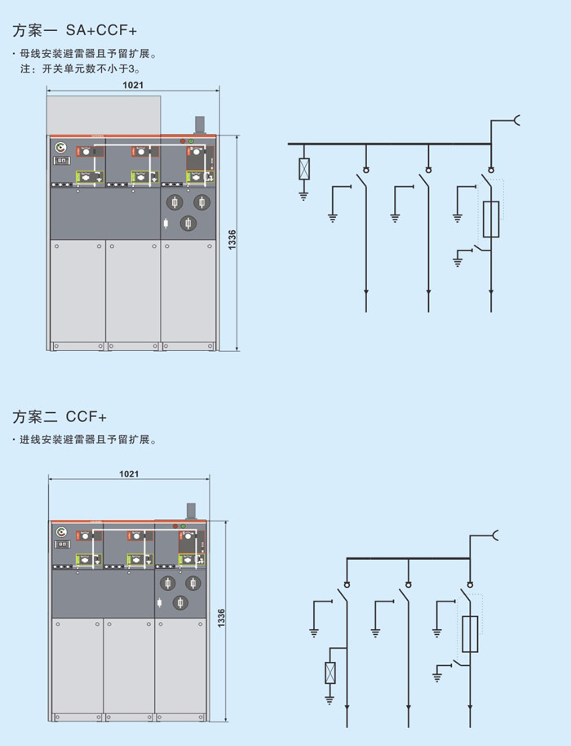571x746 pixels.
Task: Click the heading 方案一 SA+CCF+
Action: click(74, 31)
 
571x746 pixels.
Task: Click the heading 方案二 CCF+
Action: click(60, 417)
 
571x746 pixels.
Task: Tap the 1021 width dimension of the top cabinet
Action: click(133, 85)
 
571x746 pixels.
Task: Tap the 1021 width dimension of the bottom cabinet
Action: click(129, 473)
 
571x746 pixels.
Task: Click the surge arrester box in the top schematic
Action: click(304, 169)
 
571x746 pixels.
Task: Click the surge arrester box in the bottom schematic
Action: click(330, 673)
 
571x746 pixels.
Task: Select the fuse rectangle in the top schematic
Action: click(491, 219)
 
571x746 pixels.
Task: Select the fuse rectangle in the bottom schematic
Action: click(470, 635)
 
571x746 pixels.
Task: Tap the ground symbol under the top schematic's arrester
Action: click(304, 195)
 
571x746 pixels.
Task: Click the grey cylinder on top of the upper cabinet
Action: click(198, 125)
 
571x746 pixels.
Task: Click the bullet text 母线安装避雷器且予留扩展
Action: click(86, 55)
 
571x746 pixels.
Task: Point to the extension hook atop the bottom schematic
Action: click(494, 535)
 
